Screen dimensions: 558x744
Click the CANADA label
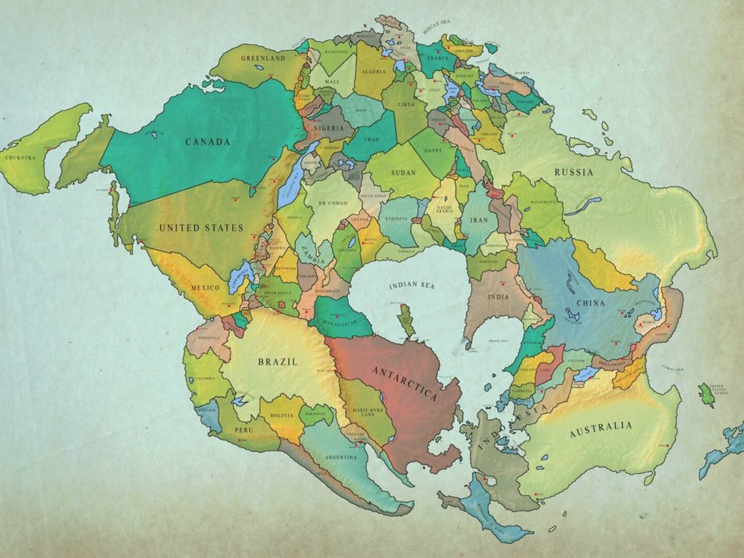point(208,142)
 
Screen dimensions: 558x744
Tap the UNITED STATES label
point(201,228)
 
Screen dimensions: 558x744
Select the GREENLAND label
point(263,58)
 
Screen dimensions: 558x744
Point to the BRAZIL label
point(278,362)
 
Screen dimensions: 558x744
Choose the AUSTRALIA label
point(600,429)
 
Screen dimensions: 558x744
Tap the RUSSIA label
point(574,173)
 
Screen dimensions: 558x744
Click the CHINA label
point(590,303)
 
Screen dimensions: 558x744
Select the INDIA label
point(499,297)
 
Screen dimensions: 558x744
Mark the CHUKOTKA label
point(20,158)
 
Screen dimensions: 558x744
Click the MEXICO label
point(205,287)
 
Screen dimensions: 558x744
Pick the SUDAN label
point(403,173)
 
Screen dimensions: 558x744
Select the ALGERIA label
point(373,72)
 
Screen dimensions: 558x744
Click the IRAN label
point(479,220)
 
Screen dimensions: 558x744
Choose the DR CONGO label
point(333,203)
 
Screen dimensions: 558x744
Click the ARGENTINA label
point(340,457)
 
